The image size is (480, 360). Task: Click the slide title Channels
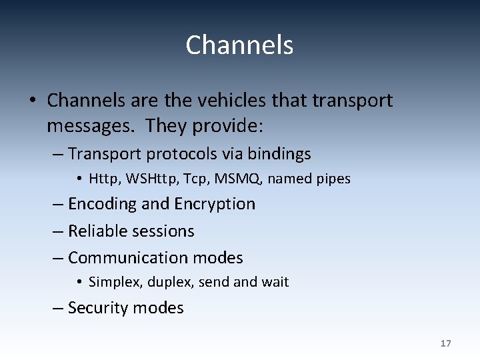pos(239,45)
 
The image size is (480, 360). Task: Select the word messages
pos(93,125)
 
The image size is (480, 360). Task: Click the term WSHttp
pos(142,179)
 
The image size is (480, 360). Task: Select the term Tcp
pos(185,179)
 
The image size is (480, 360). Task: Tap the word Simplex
pos(115,282)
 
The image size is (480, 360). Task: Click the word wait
pos(275,282)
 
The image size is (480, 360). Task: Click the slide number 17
pos(445,343)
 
